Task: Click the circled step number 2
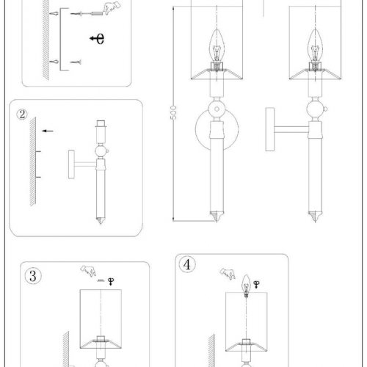click(x=22, y=115)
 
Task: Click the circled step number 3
click(x=33, y=276)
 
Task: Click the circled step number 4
click(x=187, y=264)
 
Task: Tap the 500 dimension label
click(x=173, y=112)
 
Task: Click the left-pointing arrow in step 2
click(x=48, y=131)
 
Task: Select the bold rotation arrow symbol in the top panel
click(x=97, y=38)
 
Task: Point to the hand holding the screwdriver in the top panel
click(x=112, y=8)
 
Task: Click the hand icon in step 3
click(x=88, y=271)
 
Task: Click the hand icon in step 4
click(x=228, y=274)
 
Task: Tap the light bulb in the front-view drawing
click(x=217, y=46)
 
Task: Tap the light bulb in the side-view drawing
click(x=315, y=46)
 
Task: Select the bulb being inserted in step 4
click(x=247, y=286)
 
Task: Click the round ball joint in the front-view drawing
click(x=217, y=109)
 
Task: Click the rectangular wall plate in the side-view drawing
click(x=270, y=129)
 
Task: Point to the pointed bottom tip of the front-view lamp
click(x=217, y=221)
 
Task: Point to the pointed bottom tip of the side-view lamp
click(x=315, y=221)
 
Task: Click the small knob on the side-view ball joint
click(x=325, y=109)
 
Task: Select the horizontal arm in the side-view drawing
click(x=291, y=129)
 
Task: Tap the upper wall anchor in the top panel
click(x=54, y=13)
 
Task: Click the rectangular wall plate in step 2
click(x=71, y=164)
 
